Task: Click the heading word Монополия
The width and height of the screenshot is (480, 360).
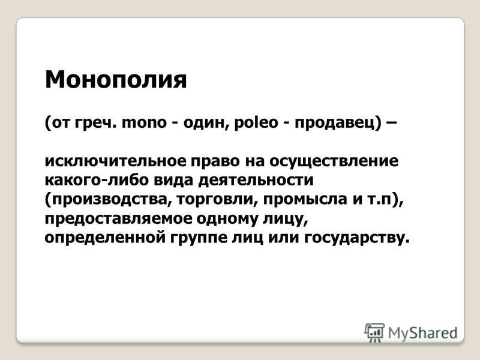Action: (x=116, y=80)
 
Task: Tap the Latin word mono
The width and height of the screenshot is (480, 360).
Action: (x=144, y=123)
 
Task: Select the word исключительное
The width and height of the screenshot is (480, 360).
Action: (x=115, y=161)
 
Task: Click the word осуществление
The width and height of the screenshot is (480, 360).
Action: (x=334, y=162)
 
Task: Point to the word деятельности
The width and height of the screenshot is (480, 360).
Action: (x=256, y=181)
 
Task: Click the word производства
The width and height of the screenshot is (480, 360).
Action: (x=108, y=200)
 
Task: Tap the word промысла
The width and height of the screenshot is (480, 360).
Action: (x=305, y=200)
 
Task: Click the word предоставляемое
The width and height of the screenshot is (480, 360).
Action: (x=118, y=219)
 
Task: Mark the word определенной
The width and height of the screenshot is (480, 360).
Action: (x=106, y=239)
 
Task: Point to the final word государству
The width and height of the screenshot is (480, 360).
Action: (x=356, y=239)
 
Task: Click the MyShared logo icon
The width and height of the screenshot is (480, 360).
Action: (x=374, y=332)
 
